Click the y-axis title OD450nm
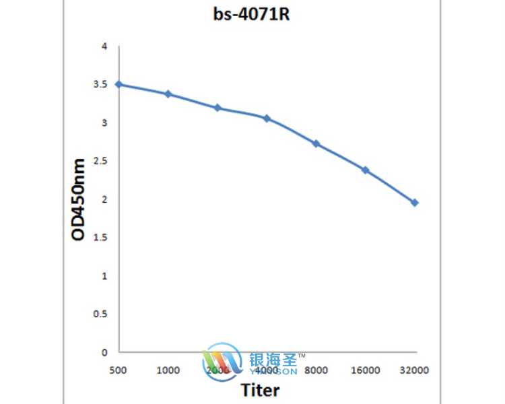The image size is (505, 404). [x=79, y=199]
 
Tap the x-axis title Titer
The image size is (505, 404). [x=260, y=390]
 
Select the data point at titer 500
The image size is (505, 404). [x=119, y=84]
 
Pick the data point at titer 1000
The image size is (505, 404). [x=168, y=94]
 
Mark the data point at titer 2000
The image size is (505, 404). [x=217, y=108]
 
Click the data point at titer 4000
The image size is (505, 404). [x=267, y=119]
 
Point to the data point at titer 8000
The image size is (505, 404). [x=316, y=143]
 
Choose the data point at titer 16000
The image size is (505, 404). [x=366, y=170]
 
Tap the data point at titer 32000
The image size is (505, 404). [x=415, y=203]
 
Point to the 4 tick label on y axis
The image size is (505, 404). [x=104, y=46]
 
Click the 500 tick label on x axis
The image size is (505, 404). [x=119, y=370]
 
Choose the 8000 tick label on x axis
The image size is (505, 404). [x=316, y=370]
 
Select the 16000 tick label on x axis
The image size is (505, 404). [x=366, y=370]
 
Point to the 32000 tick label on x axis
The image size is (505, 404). [x=415, y=370]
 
